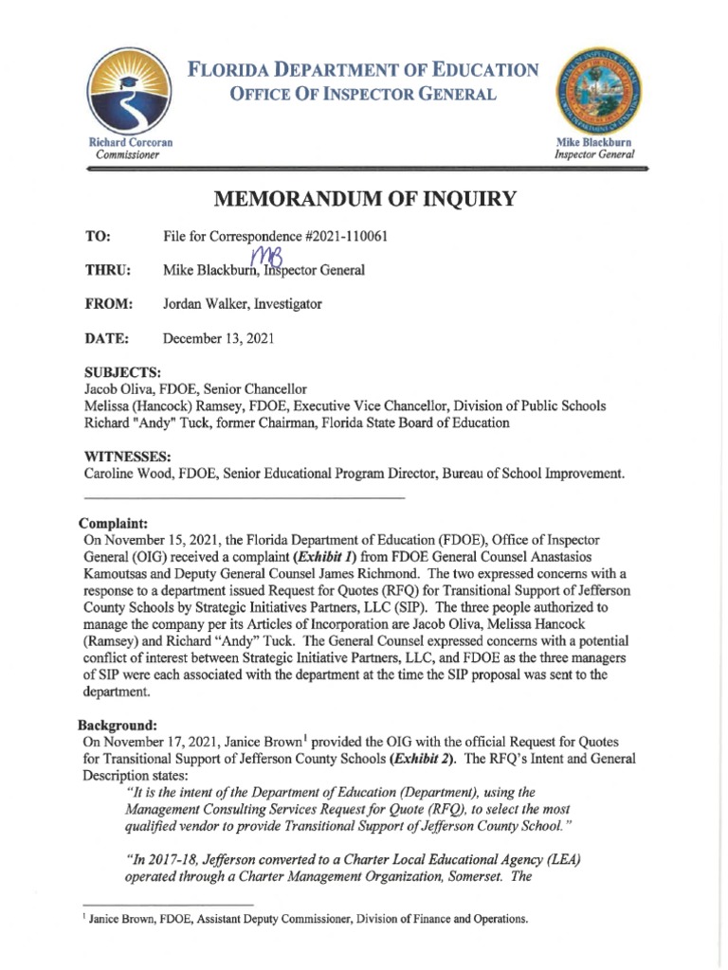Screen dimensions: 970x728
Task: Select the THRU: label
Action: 107,270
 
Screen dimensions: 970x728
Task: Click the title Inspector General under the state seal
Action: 595,154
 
